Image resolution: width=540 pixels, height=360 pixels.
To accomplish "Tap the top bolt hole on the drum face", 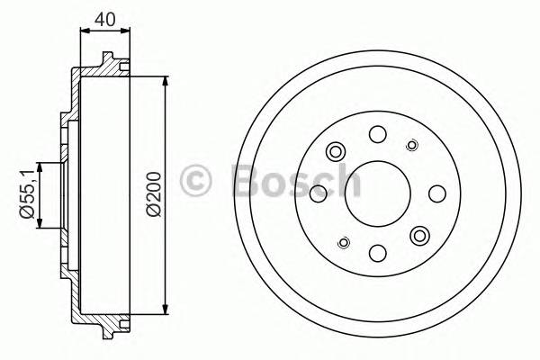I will (x=377, y=133).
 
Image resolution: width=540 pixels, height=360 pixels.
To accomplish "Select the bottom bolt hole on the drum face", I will (x=377, y=253).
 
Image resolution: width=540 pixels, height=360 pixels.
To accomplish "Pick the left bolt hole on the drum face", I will (x=317, y=193).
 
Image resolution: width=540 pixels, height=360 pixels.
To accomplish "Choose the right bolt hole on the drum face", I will (x=437, y=193).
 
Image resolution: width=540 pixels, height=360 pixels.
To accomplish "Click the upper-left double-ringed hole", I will (x=336, y=150).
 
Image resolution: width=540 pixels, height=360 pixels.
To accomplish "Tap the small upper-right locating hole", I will (x=412, y=145).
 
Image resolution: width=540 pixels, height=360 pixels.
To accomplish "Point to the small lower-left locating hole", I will (x=343, y=241).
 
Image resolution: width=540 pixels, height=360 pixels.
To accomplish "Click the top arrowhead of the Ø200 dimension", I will (x=166, y=81).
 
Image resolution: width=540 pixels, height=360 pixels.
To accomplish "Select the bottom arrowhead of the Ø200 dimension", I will (x=166, y=311).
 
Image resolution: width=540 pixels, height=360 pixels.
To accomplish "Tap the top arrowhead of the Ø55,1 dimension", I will (x=39, y=166).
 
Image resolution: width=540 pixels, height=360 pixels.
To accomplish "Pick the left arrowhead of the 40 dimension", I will (x=84, y=31).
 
